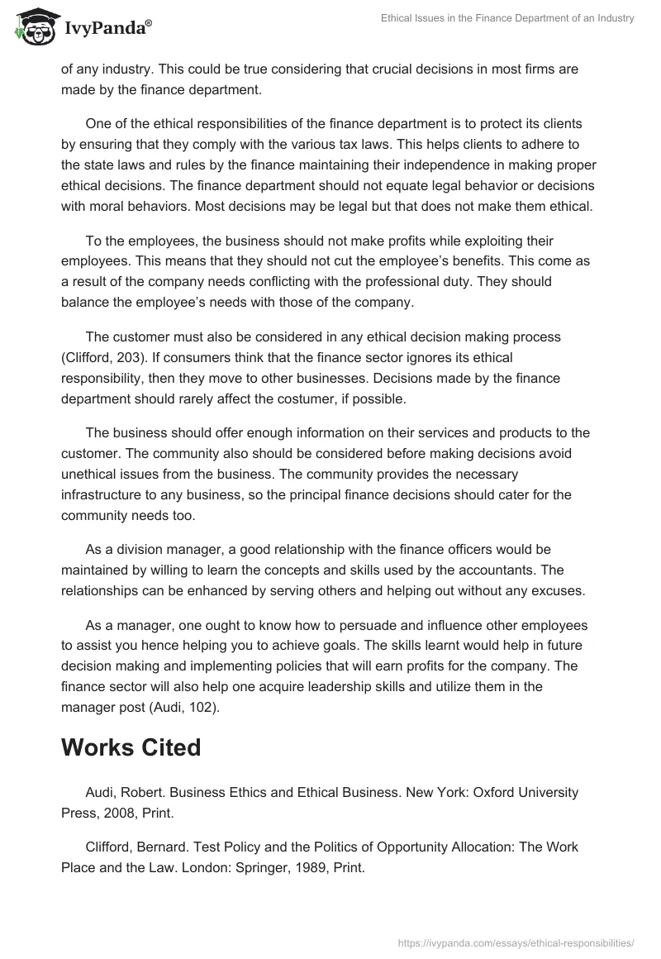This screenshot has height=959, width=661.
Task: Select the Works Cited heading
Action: (x=131, y=747)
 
